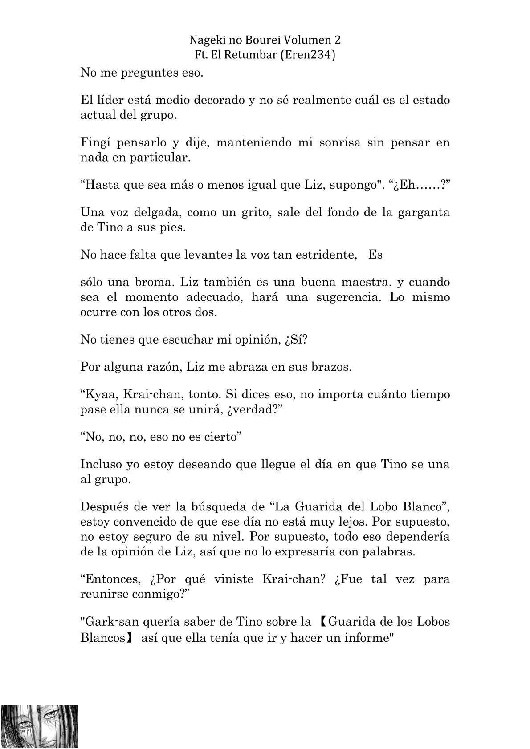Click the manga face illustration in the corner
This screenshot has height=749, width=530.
tap(40, 725)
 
